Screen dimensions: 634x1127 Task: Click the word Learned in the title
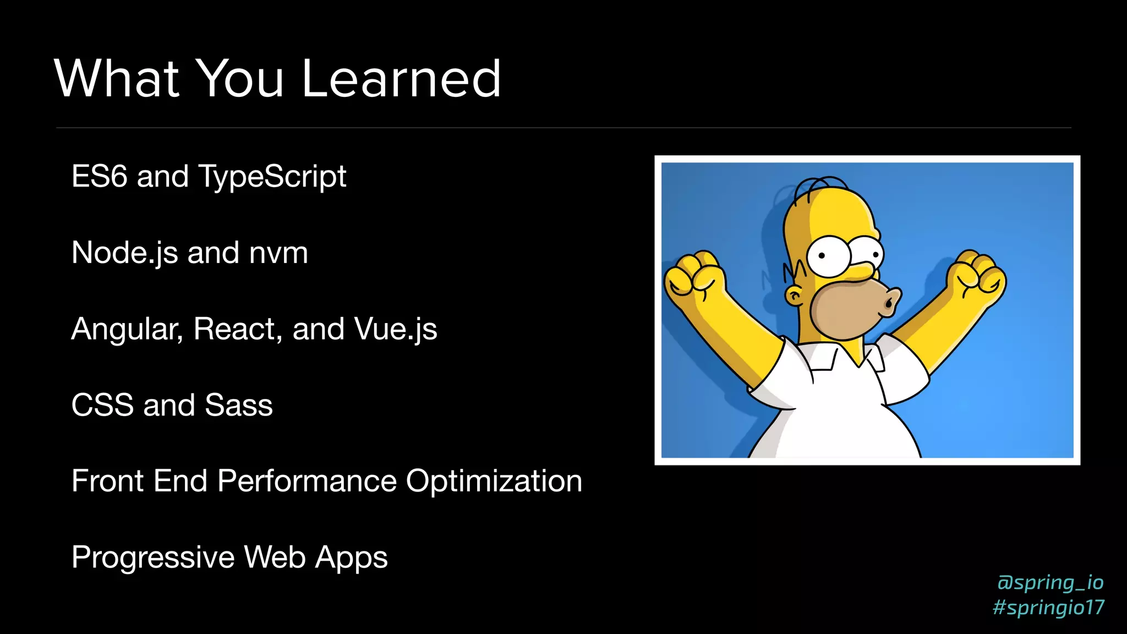click(401, 80)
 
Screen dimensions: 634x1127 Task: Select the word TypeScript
click(272, 177)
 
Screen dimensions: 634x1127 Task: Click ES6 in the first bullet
click(99, 177)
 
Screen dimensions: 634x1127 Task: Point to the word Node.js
click(124, 253)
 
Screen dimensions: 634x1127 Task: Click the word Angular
click(127, 330)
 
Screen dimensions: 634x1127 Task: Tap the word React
click(237, 329)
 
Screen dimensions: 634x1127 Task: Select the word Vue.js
click(396, 330)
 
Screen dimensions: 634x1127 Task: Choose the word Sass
click(238, 406)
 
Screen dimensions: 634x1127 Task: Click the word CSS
click(102, 406)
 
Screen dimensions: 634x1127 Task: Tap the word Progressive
click(152, 558)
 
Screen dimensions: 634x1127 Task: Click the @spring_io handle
click(1050, 582)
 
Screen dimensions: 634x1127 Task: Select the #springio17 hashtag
click(1048, 608)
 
